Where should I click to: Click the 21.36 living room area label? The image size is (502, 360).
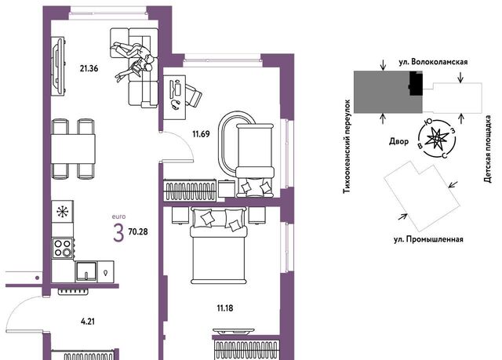pos(89,68)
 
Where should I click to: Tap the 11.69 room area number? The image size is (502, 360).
pos(201,134)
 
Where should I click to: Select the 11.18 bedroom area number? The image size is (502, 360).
pos(225,308)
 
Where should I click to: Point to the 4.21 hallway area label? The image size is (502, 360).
pos(88,322)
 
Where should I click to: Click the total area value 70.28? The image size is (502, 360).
pos(138,231)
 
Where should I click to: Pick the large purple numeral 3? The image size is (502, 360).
pos(118,233)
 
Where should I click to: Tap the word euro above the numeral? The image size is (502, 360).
pos(118,216)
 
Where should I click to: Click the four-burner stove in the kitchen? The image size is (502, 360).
pos(63,249)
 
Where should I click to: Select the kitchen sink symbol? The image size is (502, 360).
pos(86,271)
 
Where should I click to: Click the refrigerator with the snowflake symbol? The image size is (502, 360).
pos(63,212)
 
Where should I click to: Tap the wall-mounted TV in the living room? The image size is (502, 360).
pos(59,66)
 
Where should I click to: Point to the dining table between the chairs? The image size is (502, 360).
pos(73,149)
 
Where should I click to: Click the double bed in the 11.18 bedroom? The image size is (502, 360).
pos(219,245)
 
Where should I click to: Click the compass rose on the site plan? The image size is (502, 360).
pos(436,139)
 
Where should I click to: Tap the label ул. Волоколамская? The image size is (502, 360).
pos(433,62)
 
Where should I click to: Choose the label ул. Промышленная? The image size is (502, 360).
pos(429,239)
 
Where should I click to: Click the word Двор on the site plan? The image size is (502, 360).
pos(399,141)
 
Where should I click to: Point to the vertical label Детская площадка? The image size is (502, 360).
pos(488,149)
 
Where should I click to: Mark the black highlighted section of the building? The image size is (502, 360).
pos(416,83)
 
